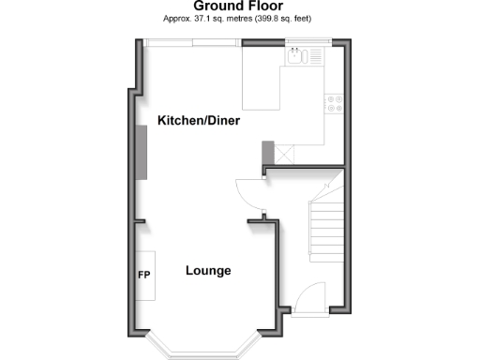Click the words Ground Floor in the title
pyautogui.click(x=238, y=6)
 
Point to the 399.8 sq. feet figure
pyautogui.click(x=285, y=18)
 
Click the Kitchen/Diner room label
pyautogui.click(x=199, y=122)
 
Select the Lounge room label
pyautogui.click(x=208, y=271)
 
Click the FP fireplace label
pyautogui.click(x=144, y=276)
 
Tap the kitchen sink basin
pyautogui.click(x=297, y=55)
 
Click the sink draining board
pyautogui.click(x=315, y=55)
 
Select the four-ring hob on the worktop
pyautogui.click(x=333, y=104)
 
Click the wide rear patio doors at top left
pyautogui.click(x=193, y=40)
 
